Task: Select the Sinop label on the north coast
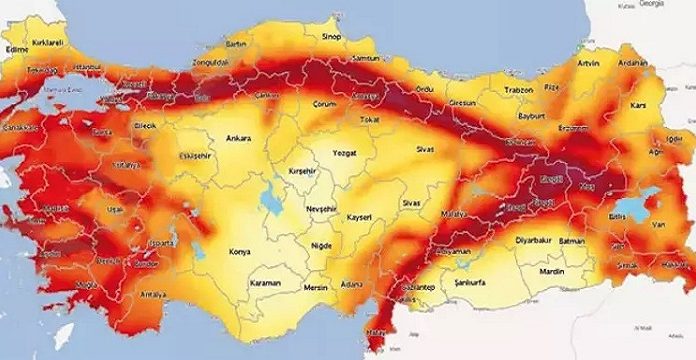click(330, 37)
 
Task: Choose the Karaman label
click(265, 284)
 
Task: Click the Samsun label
click(368, 59)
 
